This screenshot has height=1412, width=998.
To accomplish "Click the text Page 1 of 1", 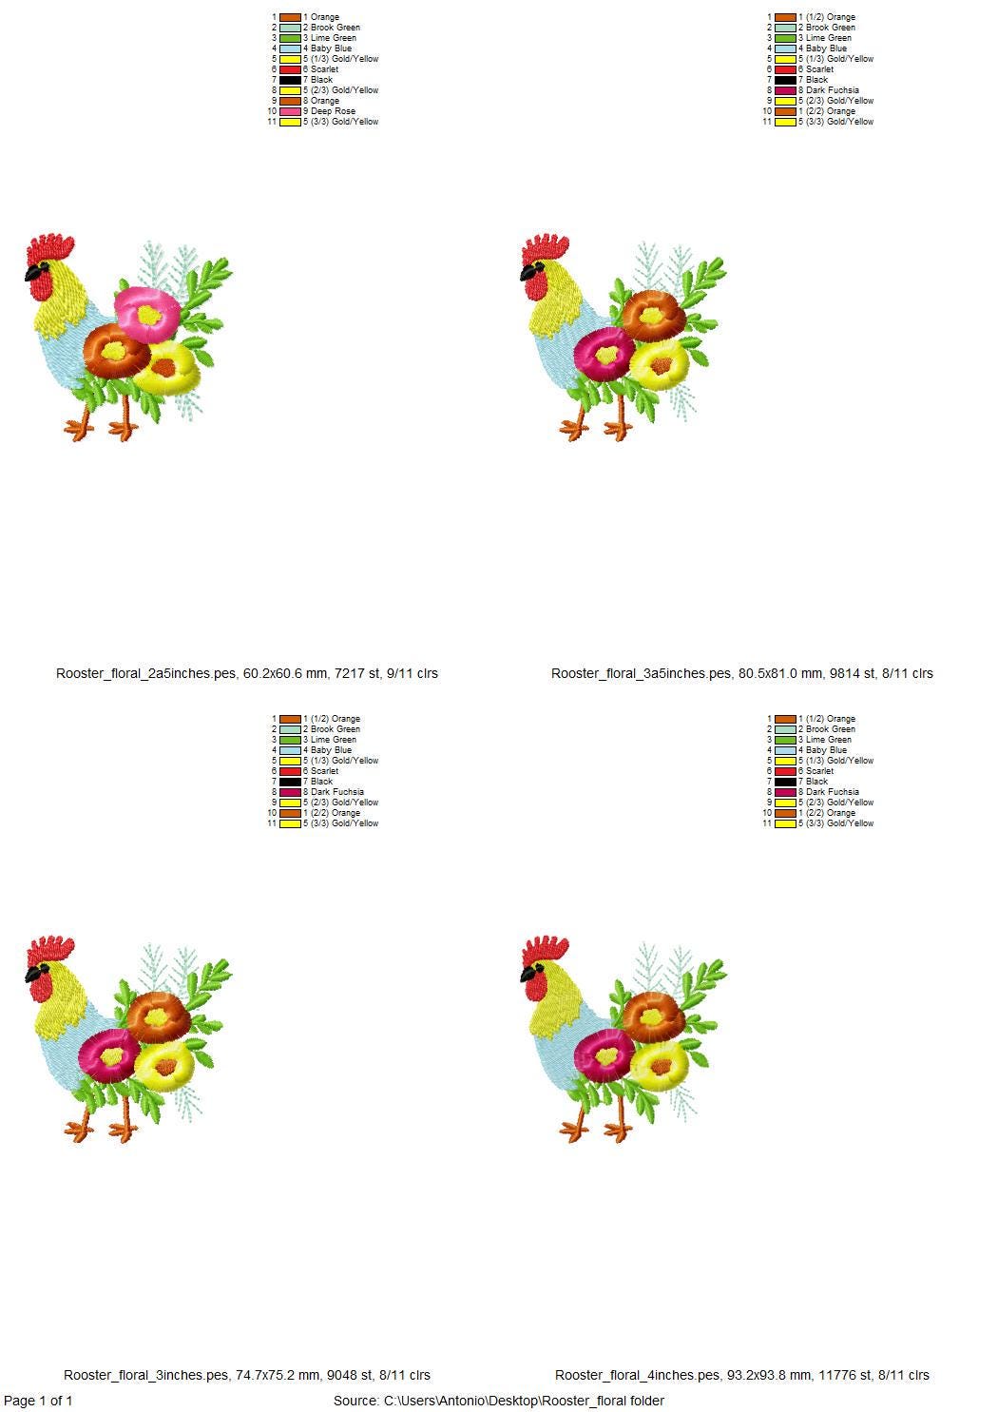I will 38,1401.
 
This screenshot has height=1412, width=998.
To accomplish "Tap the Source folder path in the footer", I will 499,1401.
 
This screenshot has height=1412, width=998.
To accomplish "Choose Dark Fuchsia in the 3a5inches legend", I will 832,90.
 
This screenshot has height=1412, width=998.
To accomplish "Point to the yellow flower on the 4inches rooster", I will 659,1063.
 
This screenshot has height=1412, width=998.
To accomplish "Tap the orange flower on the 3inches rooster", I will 158,1015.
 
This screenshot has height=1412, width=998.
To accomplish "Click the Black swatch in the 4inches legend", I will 784,782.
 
